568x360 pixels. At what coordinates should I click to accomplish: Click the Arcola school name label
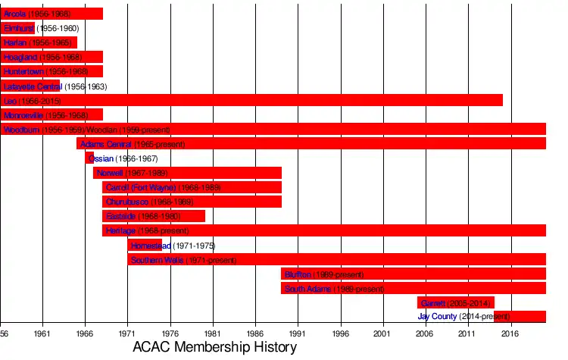click(15, 14)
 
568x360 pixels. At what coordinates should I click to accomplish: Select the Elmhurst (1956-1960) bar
click(17, 28)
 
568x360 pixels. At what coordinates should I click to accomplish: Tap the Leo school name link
click(10, 101)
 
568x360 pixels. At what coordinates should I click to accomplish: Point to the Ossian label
click(101, 158)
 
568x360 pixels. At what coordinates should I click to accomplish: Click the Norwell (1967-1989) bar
click(187, 173)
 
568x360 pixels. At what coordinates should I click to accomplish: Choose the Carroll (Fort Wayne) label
click(141, 187)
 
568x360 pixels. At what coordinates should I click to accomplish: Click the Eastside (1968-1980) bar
click(154, 216)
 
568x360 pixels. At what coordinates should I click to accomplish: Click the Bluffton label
click(298, 274)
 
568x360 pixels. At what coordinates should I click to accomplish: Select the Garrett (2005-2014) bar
click(455, 302)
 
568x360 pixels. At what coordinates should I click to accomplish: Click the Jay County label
click(438, 317)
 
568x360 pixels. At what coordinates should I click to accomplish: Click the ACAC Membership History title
click(214, 348)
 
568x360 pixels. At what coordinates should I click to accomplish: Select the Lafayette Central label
click(32, 86)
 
